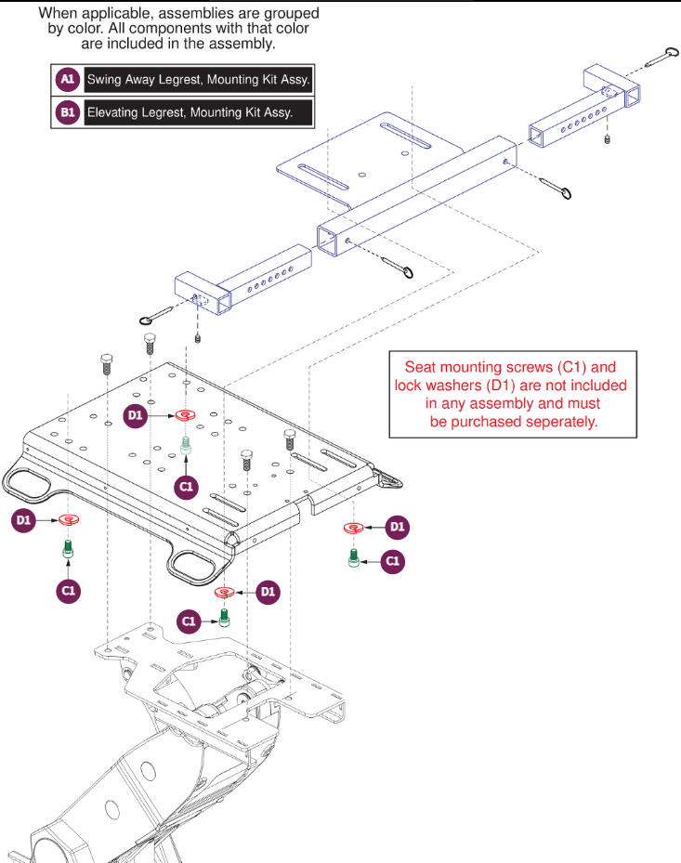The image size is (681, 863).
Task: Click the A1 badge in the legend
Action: (x=68, y=79)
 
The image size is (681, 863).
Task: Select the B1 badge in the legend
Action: (x=68, y=112)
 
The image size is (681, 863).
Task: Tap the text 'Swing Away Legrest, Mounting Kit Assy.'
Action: (x=198, y=79)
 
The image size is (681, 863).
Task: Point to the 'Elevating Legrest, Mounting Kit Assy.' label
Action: (x=190, y=112)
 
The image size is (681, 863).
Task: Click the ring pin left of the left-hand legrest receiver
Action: (x=157, y=315)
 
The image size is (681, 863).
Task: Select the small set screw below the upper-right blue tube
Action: (x=608, y=139)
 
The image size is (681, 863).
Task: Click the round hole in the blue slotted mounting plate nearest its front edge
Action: (x=362, y=175)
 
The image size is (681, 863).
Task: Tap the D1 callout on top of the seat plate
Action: (x=135, y=415)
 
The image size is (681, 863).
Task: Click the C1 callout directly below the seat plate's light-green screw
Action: (x=186, y=487)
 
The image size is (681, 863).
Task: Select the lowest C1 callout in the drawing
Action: (x=189, y=621)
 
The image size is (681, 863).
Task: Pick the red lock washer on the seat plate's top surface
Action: (x=186, y=415)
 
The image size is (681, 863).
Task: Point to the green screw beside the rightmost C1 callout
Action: (x=354, y=558)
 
